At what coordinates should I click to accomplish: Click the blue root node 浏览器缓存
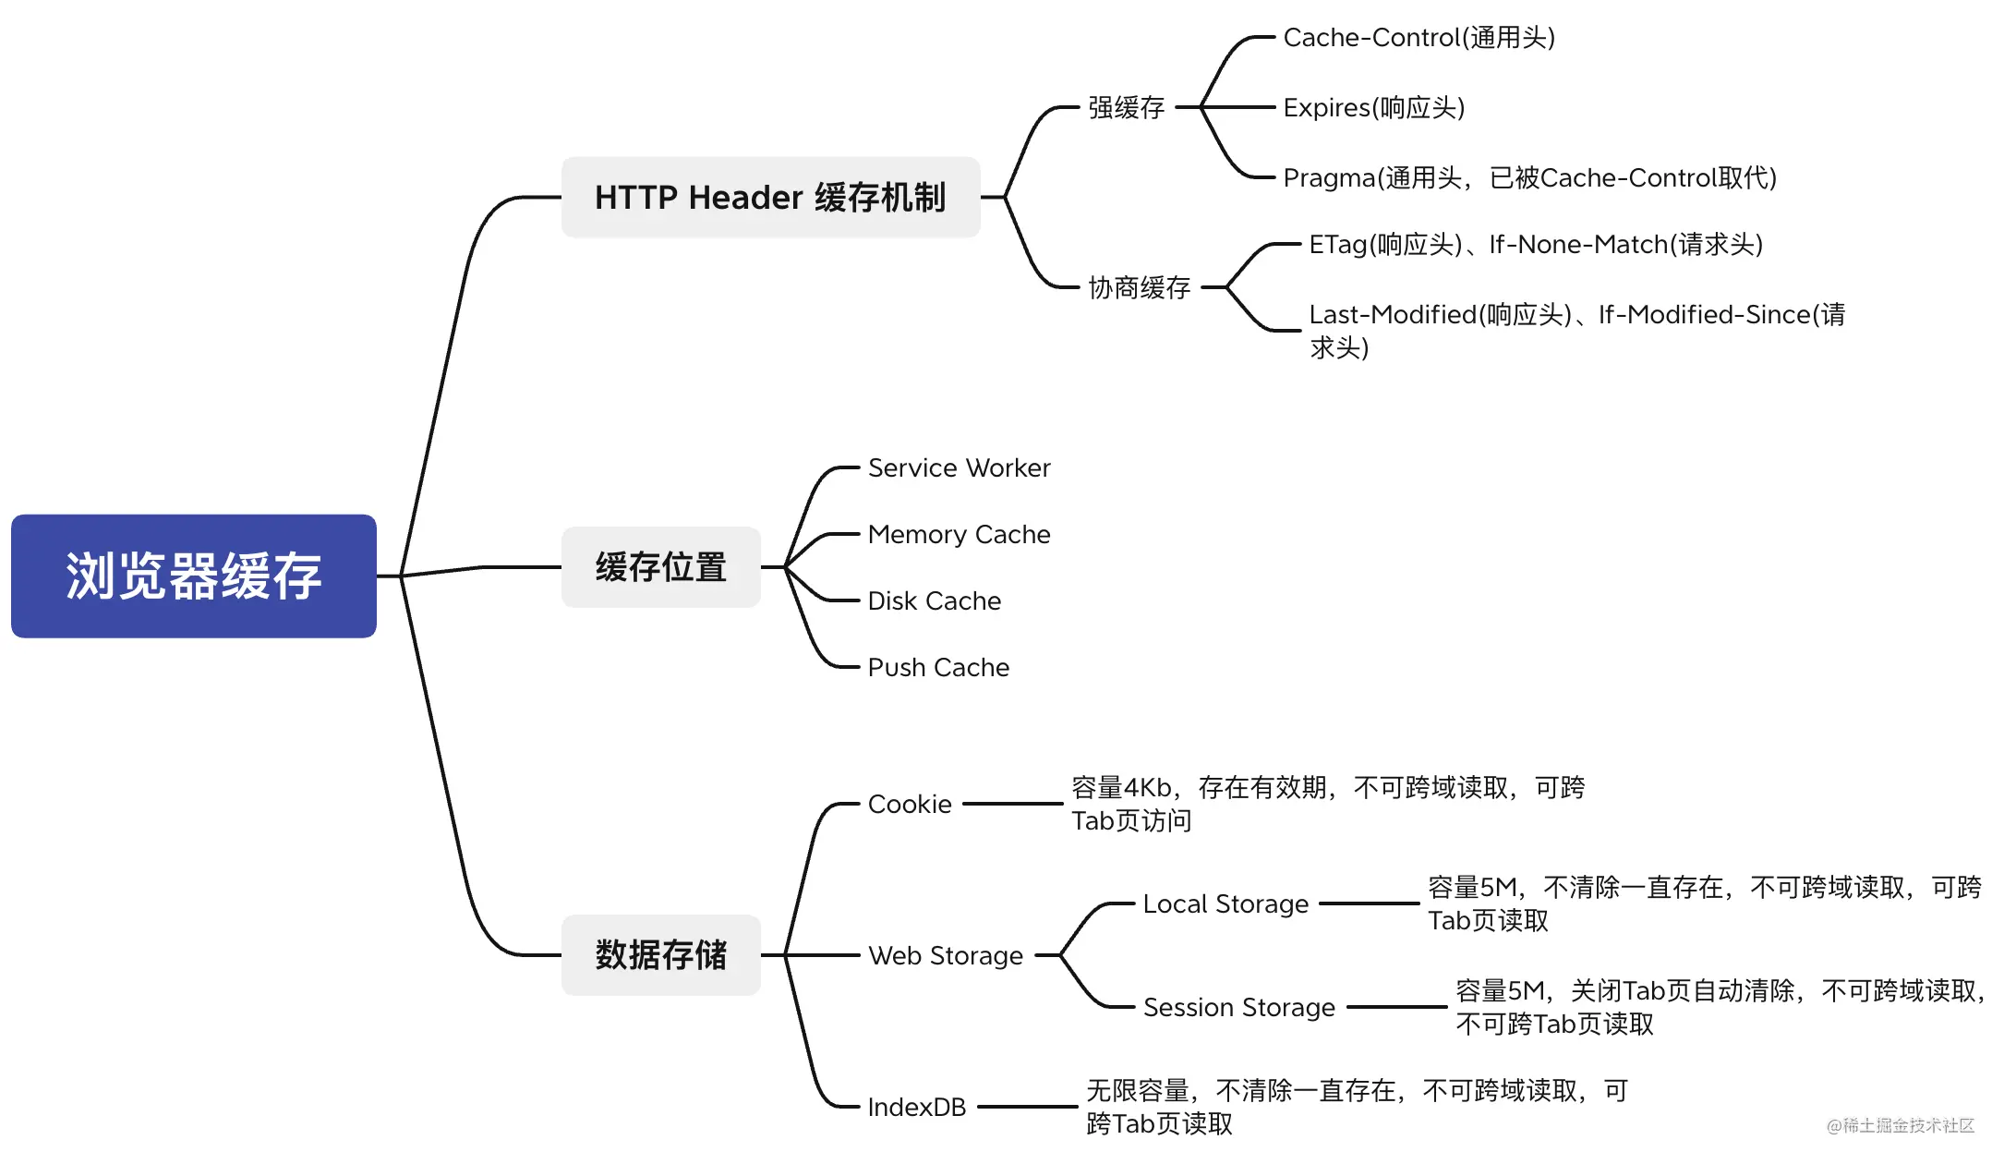pyautogui.click(x=194, y=576)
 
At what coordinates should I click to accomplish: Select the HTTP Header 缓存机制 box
pyautogui.click(x=770, y=198)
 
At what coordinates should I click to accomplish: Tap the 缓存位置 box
pyautogui.click(x=660, y=567)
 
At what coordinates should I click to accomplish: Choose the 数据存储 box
pyautogui.click(x=660, y=955)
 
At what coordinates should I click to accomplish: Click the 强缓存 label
pyautogui.click(x=1126, y=108)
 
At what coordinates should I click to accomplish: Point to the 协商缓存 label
pyautogui.click(x=1139, y=288)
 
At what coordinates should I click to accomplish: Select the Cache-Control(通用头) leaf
pyautogui.click(x=1418, y=38)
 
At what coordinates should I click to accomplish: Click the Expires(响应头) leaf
pyautogui.click(x=1373, y=108)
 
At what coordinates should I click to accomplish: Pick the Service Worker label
pyautogui.click(x=959, y=468)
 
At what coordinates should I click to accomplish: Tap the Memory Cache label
pyautogui.click(x=959, y=535)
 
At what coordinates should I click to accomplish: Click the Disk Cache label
pyautogui.click(x=934, y=601)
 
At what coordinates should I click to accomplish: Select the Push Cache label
pyautogui.click(x=938, y=668)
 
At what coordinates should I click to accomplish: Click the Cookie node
pyautogui.click(x=909, y=805)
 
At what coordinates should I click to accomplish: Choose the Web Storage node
pyautogui.click(x=945, y=956)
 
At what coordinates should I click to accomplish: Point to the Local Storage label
pyautogui.click(x=1225, y=904)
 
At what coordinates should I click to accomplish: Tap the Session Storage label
pyautogui.click(x=1238, y=1008)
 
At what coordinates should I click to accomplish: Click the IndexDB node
pyautogui.click(x=916, y=1108)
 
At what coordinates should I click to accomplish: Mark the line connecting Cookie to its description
pyautogui.click(x=1012, y=805)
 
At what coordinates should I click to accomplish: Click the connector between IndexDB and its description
pyautogui.click(x=1027, y=1107)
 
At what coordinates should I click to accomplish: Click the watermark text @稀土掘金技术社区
pyautogui.click(x=1900, y=1125)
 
